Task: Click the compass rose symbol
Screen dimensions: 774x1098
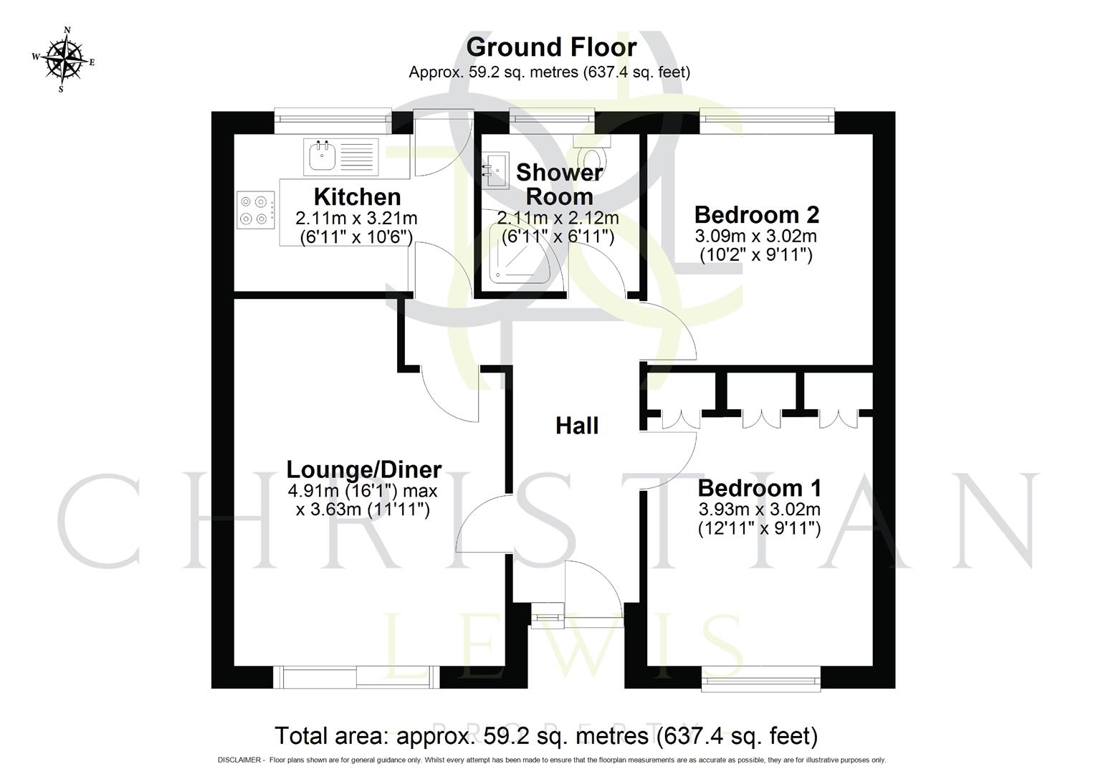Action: [63, 59]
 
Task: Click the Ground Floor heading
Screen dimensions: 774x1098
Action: [550, 47]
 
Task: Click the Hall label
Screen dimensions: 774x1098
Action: [576, 426]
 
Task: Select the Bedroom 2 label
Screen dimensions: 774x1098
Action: [756, 214]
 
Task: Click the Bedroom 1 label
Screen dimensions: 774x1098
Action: [759, 488]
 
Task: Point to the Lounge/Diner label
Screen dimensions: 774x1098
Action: [363, 469]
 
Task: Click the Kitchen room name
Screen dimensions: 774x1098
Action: [357, 196]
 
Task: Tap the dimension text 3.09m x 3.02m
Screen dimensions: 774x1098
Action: [755, 236]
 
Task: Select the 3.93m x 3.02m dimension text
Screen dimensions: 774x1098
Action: [759, 510]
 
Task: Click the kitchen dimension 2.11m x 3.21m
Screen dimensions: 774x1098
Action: [356, 218]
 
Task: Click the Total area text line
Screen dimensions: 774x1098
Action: [546, 736]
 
